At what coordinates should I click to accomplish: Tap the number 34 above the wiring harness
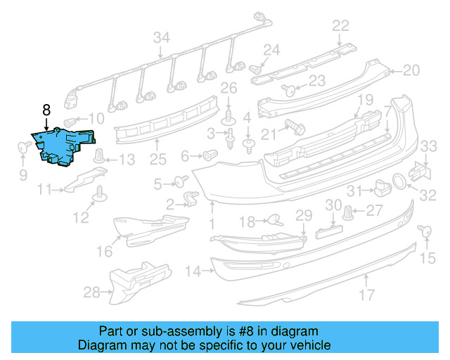point(162,37)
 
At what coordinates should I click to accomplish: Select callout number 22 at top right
point(340,26)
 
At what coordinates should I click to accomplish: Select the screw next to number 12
point(101,191)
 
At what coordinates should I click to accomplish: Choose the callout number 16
point(103,250)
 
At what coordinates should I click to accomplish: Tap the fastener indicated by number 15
point(424,231)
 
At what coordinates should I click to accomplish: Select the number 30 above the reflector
point(333,205)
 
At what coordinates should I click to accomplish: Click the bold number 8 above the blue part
point(46,110)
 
